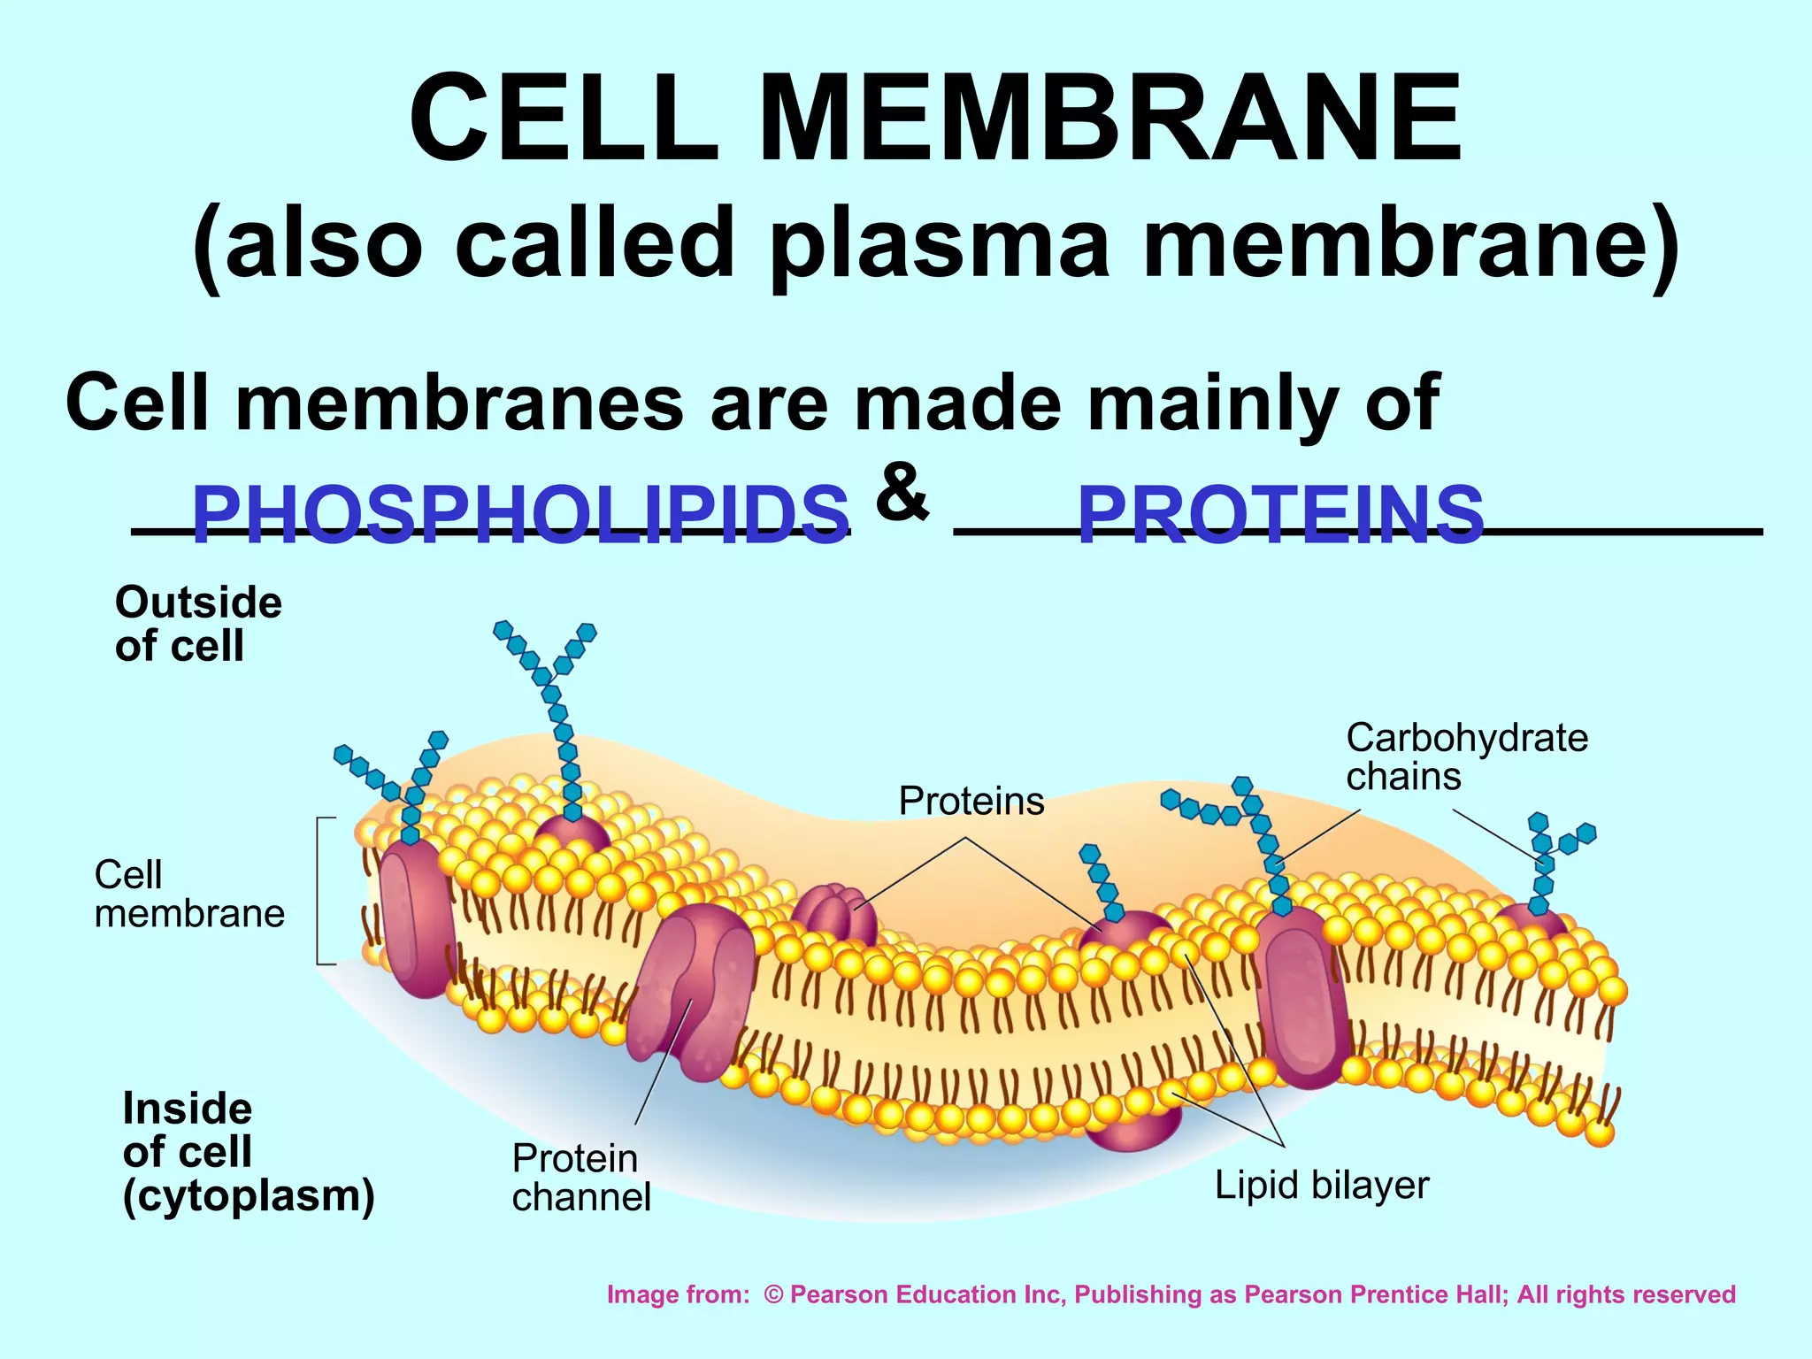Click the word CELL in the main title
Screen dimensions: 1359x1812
pyautogui.click(x=564, y=119)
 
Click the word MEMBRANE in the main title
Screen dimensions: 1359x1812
pyautogui.click(x=1110, y=119)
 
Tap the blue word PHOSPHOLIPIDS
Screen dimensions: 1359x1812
pyautogui.click(x=520, y=515)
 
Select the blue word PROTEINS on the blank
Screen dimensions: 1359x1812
pyautogui.click(x=1280, y=515)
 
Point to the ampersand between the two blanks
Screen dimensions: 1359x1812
pyautogui.click(x=902, y=492)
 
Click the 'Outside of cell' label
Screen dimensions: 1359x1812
pyautogui.click(x=198, y=624)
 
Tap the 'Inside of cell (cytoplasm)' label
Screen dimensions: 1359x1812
pyautogui.click(x=249, y=1152)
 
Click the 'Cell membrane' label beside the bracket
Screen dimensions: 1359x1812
pyautogui.click(x=188, y=894)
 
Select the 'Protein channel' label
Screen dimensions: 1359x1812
pyautogui.click(x=581, y=1177)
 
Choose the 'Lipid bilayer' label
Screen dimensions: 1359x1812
pyautogui.click(x=1321, y=1186)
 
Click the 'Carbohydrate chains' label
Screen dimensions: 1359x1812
pyautogui.click(x=1466, y=756)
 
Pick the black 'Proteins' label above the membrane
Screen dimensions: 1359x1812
pyautogui.click(x=971, y=801)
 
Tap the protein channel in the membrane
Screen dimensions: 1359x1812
pyautogui.click(x=690, y=995)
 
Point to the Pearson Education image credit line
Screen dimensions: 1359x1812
pyautogui.click(x=1171, y=1294)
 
